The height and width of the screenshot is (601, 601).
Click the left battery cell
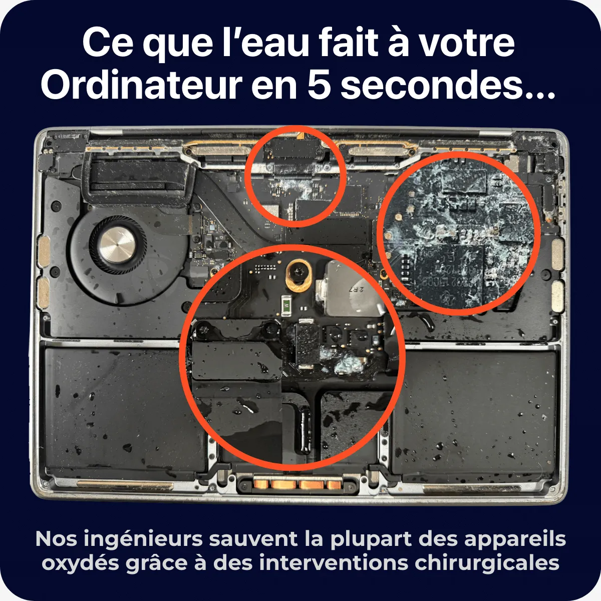125,409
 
